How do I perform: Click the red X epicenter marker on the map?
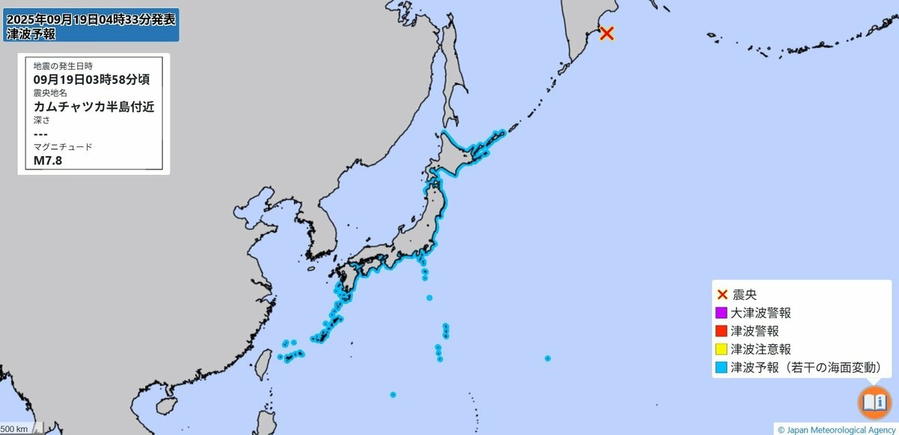pyautogui.click(x=607, y=33)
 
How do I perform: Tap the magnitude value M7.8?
pyautogui.click(x=48, y=160)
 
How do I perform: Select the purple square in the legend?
pyautogui.click(x=721, y=313)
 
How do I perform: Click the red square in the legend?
pyautogui.click(x=721, y=331)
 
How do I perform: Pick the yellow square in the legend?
pyautogui.click(x=721, y=349)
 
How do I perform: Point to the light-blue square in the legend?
pyautogui.click(x=721, y=367)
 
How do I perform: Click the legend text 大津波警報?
pyautogui.click(x=760, y=313)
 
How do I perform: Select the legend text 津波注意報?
pyautogui.click(x=760, y=349)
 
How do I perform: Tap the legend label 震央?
pyautogui.click(x=744, y=295)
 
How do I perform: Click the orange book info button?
pyautogui.click(x=874, y=403)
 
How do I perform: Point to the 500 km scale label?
pyautogui.click(x=16, y=429)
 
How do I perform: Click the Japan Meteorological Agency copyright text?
pyautogui.click(x=836, y=430)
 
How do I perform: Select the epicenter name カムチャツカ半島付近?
pyautogui.click(x=94, y=106)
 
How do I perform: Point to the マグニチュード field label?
pyautogui.click(x=63, y=147)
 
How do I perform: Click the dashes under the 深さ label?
pyautogui.click(x=41, y=133)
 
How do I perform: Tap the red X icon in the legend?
pyautogui.click(x=722, y=295)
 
